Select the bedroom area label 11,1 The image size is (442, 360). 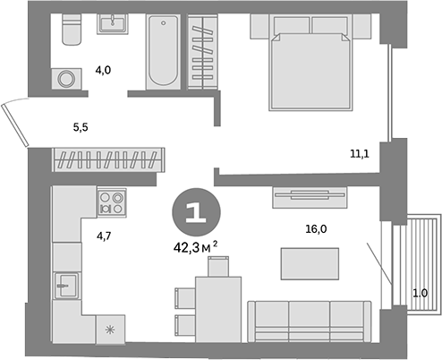click(361, 154)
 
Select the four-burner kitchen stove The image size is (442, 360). click(112, 201)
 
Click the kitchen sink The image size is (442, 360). click(64, 287)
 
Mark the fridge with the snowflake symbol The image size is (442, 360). click(111, 330)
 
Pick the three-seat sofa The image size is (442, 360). click(309, 320)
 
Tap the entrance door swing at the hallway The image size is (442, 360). click(15, 122)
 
